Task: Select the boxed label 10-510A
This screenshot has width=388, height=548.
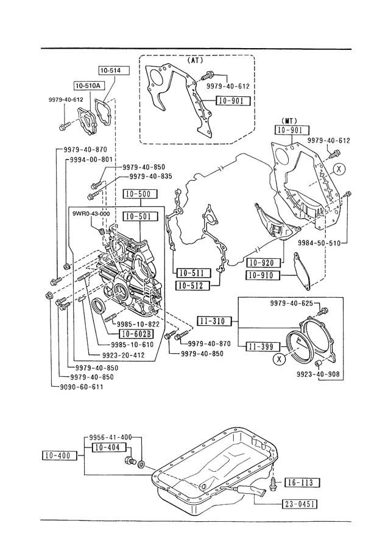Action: pyautogui.click(x=87, y=85)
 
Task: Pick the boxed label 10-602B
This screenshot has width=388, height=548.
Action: pyautogui.click(x=136, y=334)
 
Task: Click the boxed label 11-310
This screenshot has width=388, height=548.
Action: pyautogui.click(x=214, y=321)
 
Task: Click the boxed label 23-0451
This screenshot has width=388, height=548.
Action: pyautogui.click(x=300, y=504)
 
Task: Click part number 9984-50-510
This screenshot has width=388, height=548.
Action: pyautogui.click(x=319, y=242)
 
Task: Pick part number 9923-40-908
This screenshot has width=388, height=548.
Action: pyautogui.click(x=318, y=374)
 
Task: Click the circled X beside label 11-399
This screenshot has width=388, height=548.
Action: pyautogui.click(x=278, y=359)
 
